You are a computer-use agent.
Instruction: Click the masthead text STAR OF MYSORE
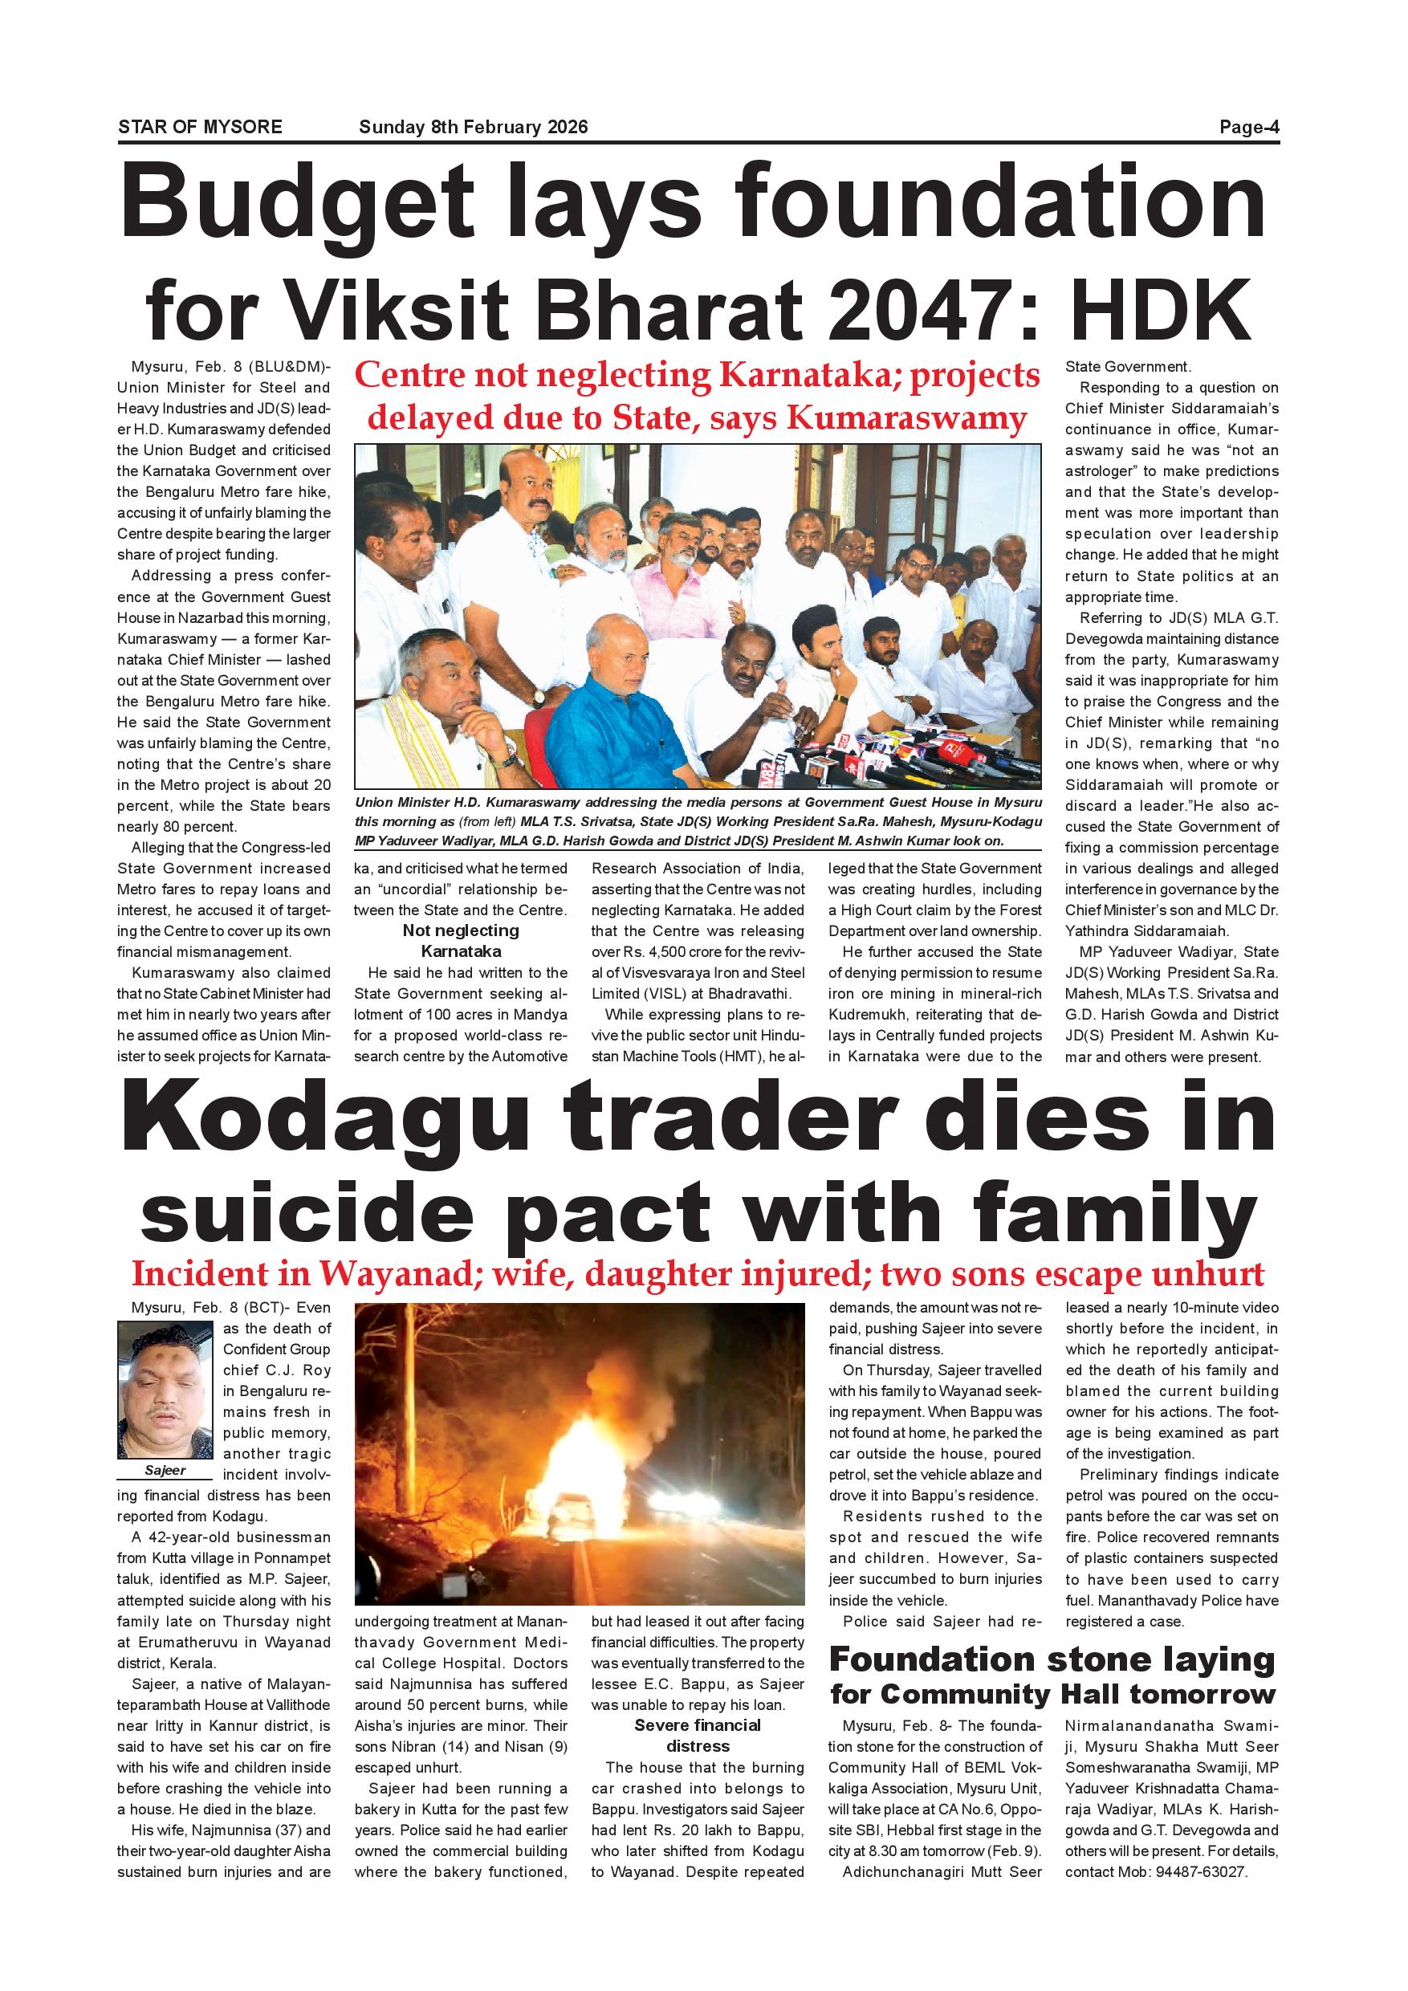pyautogui.click(x=200, y=127)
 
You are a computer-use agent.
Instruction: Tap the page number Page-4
pyautogui.click(x=1248, y=127)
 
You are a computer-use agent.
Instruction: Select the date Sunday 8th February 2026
pyautogui.click(x=474, y=127)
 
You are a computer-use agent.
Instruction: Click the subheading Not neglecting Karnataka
pyautogui.click(x=461, y=940)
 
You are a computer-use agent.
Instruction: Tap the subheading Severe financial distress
pyautogui.click(x=697, y=1735)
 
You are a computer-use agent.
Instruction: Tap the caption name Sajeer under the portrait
pyautogui.click(x=165, y=1470)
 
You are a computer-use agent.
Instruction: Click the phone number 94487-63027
pyautogui.click(x=1200, y=1871)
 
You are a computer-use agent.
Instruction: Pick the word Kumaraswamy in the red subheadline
pyautogui.click(x=906, y=418)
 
